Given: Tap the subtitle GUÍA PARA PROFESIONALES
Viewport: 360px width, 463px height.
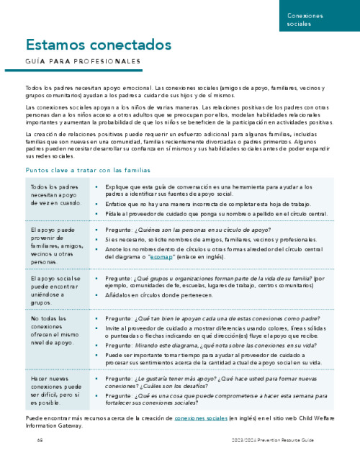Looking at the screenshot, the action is point(83,61).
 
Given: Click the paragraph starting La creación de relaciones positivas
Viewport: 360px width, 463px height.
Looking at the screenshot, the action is point(179,145).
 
